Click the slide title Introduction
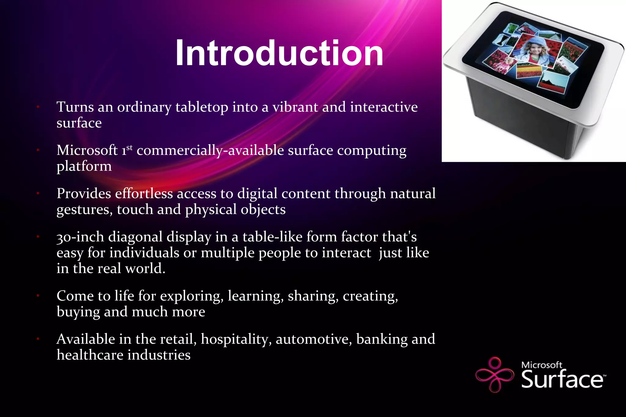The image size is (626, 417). pyautogui.click(x=279, y=53)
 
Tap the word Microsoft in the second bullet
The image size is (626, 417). pyautogui.click(x=87, y=150)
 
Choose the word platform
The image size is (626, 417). pyautogui.click(x=84, y=167)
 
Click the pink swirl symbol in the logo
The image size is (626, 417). pyautogui.click(x=495, y=374)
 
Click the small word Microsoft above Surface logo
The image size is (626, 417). pyautogui.click(x=541, y=365)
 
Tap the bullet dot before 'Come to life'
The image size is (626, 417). pyautogui.click(x=38, y=296)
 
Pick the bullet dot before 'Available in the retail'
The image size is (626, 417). pyautogui.click(x=38, y=339)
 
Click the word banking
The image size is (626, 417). pyautogui.click(x=381, y=339)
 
